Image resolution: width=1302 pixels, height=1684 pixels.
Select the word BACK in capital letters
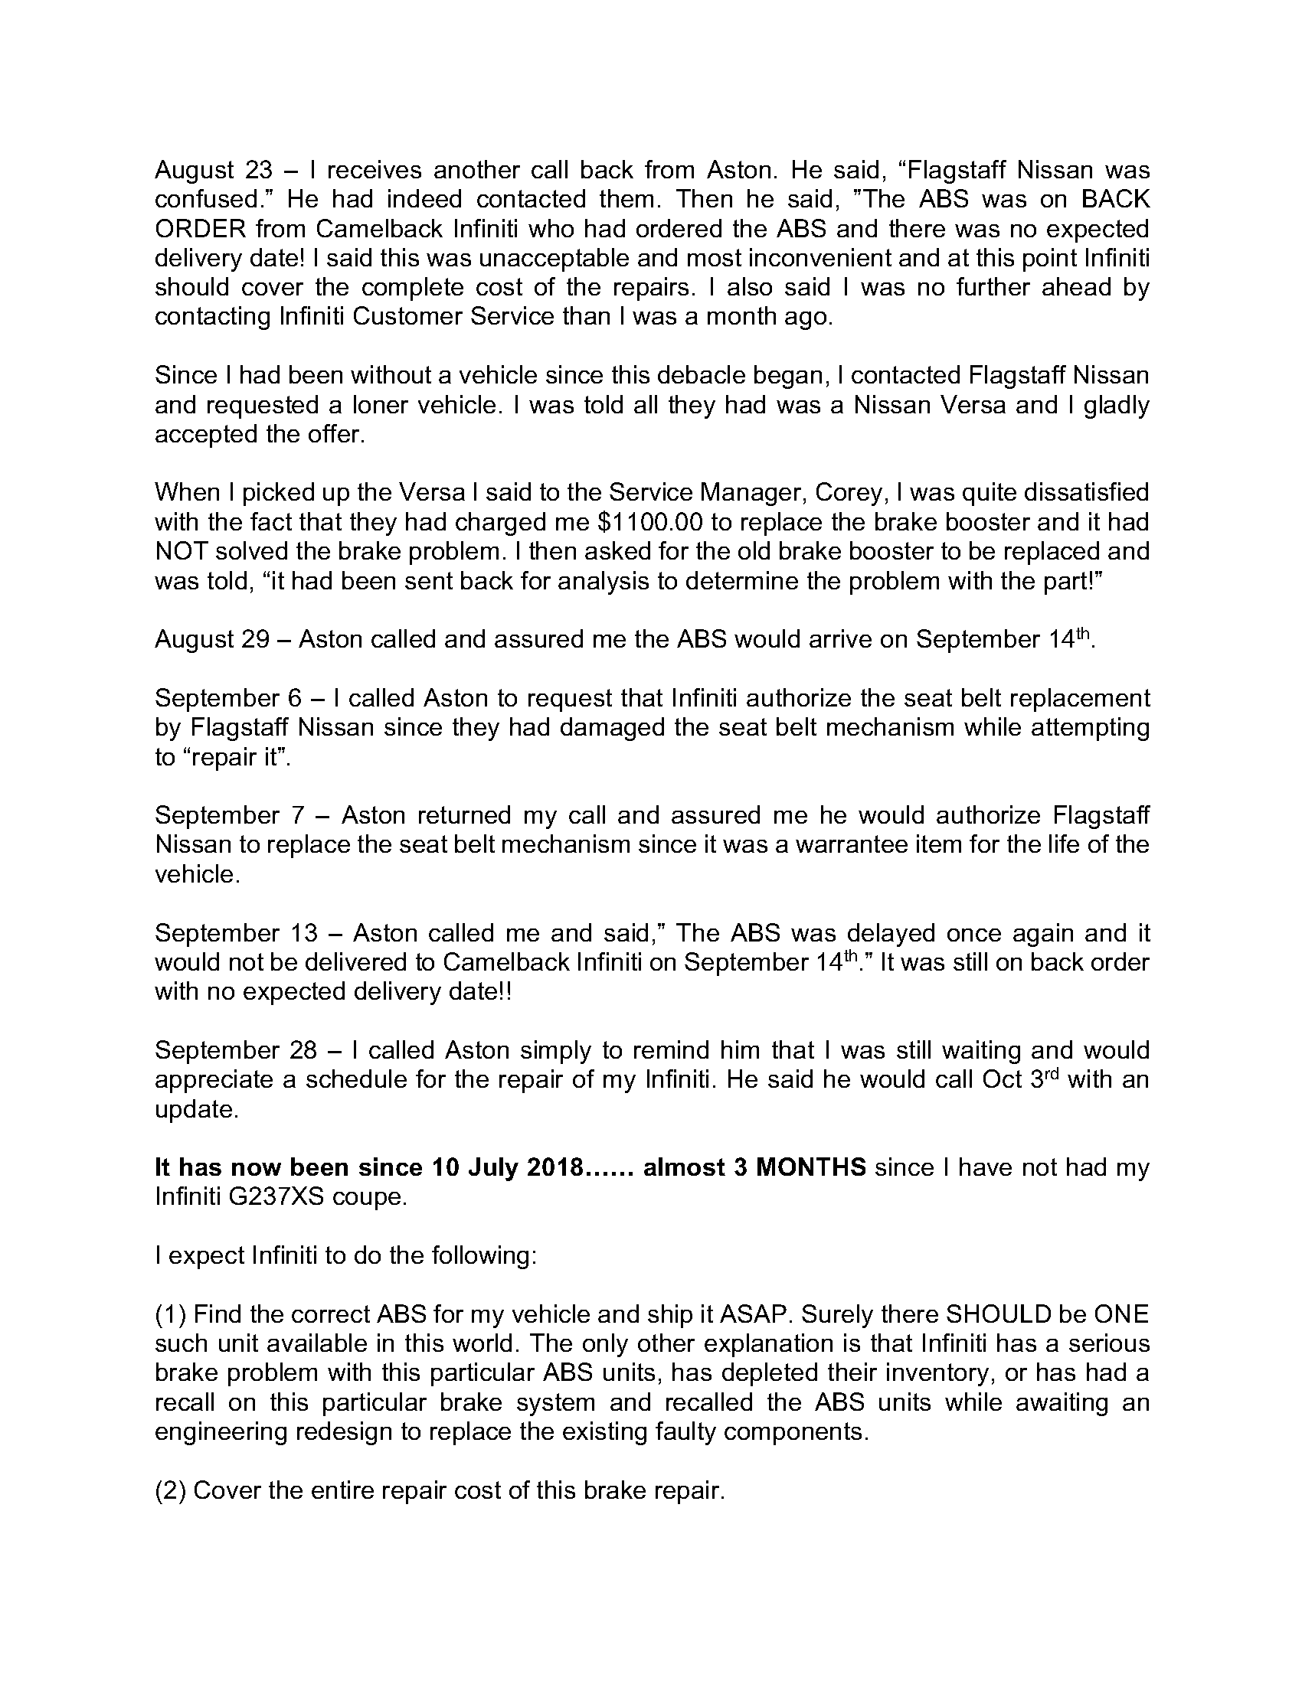1114,199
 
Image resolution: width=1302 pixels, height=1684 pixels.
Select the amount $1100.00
650,522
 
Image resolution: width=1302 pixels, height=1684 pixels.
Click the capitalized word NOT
182,551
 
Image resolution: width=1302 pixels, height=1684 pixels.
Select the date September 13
236,933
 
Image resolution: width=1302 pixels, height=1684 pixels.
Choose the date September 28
236,1050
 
